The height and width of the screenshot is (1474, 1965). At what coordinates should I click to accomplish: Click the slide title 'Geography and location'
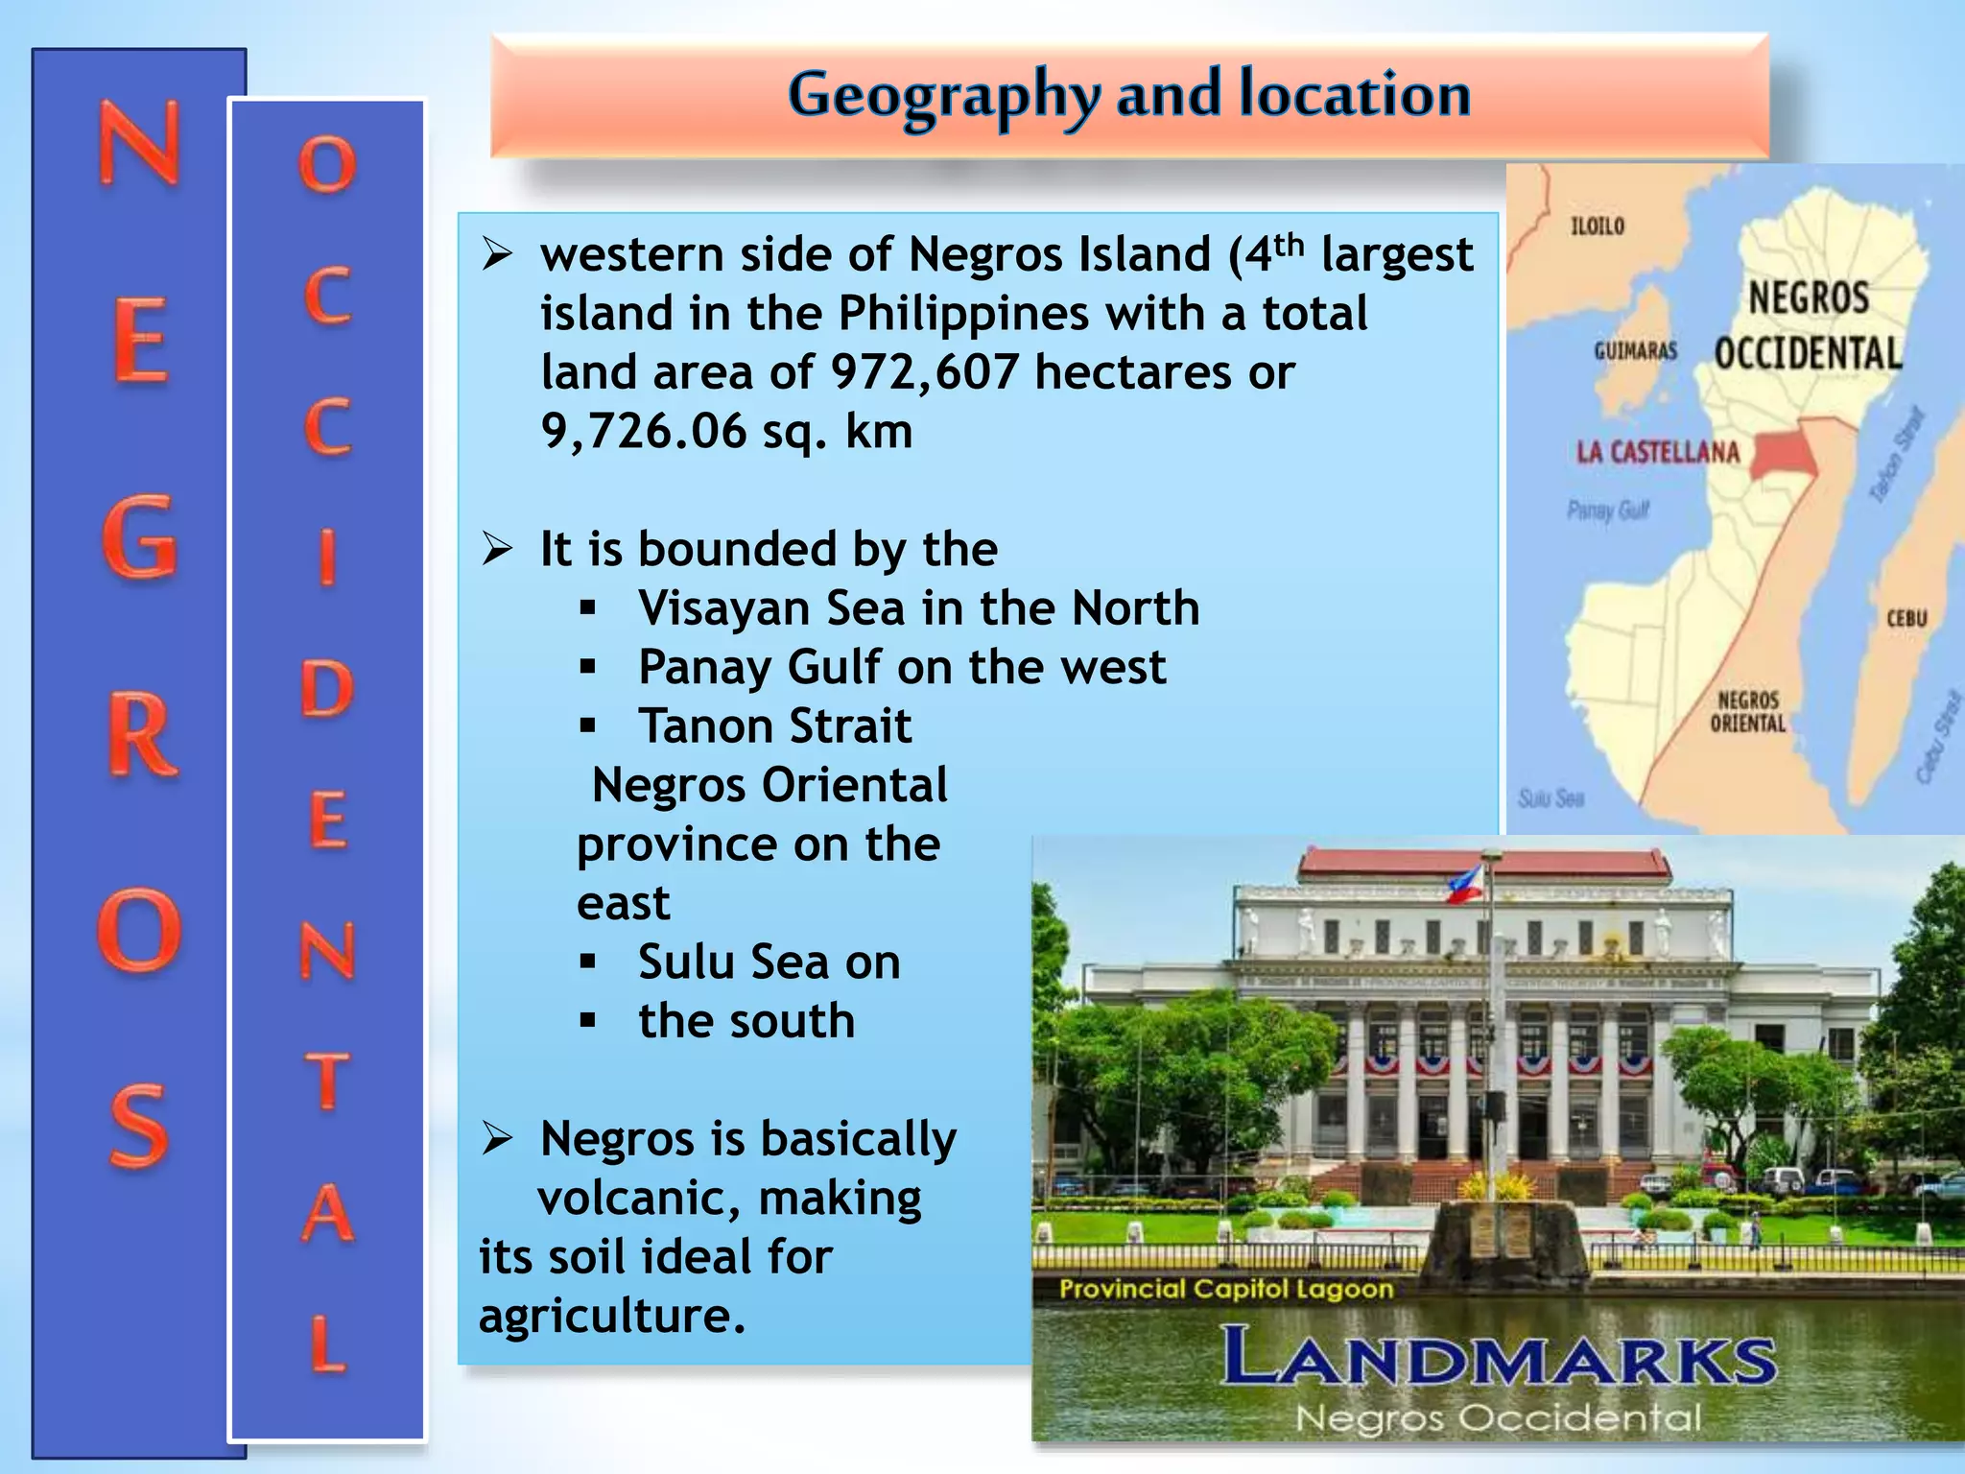coord(1129,95)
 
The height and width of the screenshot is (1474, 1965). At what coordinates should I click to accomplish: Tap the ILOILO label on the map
coord(1598,226)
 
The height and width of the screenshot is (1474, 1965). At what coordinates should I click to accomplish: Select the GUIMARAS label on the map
coord(1635,351)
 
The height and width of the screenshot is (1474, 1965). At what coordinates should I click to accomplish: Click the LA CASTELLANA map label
coord(1658,453)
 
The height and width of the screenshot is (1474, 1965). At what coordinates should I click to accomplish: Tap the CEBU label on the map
coord(1906,619)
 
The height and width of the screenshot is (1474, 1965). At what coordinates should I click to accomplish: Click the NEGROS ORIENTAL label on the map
coord(1748,711)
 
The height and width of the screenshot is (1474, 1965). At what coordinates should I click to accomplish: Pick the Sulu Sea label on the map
coord(1551,798)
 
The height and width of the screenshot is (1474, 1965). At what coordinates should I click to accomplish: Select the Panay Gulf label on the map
coord(1608,511)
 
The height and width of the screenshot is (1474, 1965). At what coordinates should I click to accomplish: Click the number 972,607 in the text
coord(924,372)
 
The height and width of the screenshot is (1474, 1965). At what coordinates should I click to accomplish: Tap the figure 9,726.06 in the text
coord(644,432)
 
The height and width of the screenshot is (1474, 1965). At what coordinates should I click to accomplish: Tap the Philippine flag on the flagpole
coord(1465,885)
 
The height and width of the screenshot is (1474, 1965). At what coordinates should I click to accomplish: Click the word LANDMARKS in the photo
coord(1499,1358)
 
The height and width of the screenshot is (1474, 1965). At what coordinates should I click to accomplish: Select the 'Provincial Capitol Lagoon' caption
coord(1226,1289)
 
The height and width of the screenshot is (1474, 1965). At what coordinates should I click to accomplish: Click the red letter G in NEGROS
coord(140,537)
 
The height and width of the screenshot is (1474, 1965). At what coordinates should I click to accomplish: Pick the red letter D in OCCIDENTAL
coord(327,689)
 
